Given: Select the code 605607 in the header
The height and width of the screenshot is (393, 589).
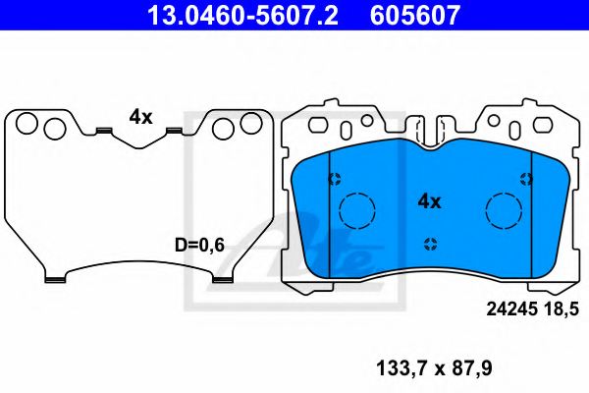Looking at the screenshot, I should (x=415, y=16).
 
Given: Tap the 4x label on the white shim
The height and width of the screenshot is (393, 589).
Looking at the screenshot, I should (x=140, y=116).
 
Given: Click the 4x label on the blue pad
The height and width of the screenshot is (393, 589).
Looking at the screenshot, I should (x=430, y=200).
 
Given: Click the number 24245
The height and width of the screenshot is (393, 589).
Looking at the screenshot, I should (x=510, y=309).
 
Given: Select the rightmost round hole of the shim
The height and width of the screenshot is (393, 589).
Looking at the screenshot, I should (x=252, y=122).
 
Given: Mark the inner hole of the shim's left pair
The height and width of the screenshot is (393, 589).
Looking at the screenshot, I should (x=54, y=129).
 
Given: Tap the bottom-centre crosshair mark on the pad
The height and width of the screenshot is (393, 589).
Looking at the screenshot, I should (x=430, y=244).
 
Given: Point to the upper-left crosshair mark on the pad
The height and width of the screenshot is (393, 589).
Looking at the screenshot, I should (x=334, y=179).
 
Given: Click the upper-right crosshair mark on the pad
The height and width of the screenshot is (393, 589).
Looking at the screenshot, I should (x=526, y=179).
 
